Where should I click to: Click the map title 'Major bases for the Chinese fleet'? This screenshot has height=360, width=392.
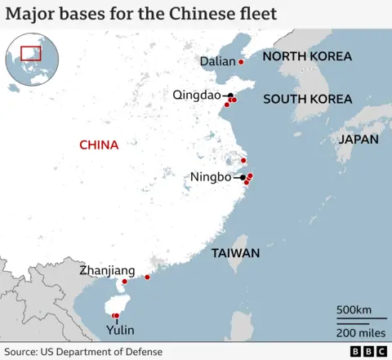[141, 14]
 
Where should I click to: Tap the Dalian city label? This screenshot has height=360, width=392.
[216, 62]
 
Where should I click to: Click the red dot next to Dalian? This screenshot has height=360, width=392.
[241, 62]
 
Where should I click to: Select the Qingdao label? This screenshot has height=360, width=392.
[197, 95]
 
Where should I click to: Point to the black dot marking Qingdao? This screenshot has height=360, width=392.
[230, 95]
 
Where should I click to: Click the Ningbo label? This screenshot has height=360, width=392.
[210, 177]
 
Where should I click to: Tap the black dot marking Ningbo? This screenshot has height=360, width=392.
[243, 177]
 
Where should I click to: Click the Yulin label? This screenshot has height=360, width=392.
[120, 331]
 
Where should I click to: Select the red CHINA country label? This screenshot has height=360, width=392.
[99, 145]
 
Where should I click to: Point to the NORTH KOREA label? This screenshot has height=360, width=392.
[307, 56]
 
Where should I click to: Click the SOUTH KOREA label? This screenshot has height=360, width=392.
[307, 100]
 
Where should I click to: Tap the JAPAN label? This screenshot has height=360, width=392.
[359, 140]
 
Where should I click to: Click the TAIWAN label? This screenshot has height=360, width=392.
[235, 253]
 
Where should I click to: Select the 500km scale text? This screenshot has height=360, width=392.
[354, 310]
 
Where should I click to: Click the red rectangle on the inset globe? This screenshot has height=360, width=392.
[31, 53]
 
